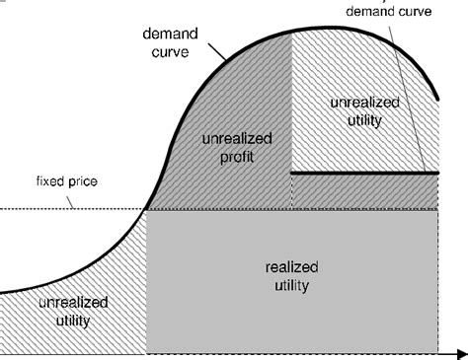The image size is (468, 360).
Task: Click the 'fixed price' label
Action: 34,182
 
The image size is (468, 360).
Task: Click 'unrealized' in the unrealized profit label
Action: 231,140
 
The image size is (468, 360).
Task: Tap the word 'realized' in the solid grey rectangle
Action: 292,268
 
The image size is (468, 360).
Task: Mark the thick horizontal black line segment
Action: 365,173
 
